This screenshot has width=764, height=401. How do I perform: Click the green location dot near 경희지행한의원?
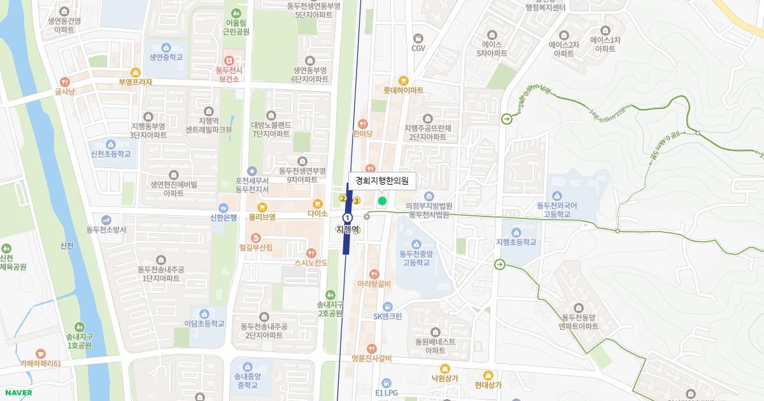[x=382, y=201]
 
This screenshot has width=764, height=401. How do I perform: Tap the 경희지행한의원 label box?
[x=382, y=181]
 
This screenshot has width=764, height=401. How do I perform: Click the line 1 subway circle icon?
[x=348, y=218]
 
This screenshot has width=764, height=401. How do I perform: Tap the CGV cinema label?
[x=418, y=48]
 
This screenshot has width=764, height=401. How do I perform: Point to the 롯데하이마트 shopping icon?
[x=403, y=80]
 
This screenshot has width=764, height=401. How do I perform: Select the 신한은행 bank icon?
[x=223, y=208]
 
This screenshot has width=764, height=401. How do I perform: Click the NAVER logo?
[x=17, y=393]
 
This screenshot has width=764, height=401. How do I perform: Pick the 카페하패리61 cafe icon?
[x=40, y=353]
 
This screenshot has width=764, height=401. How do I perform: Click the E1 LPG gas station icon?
[x=386, y=383]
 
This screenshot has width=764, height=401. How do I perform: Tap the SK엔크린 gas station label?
[x=387, y=316]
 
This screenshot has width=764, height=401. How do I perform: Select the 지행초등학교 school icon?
[x=516, y=232]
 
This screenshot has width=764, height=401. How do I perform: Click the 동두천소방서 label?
[x=106, y=229]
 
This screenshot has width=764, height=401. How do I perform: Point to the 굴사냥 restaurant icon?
[x=64, y=82]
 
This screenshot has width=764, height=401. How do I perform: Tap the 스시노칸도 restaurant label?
[x=311, y=262]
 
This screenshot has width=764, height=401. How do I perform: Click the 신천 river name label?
[x=66, y=246]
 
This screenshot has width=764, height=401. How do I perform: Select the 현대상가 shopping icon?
[x=488, y=375]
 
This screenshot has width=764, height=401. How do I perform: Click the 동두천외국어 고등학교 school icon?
[x=557, y=195]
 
